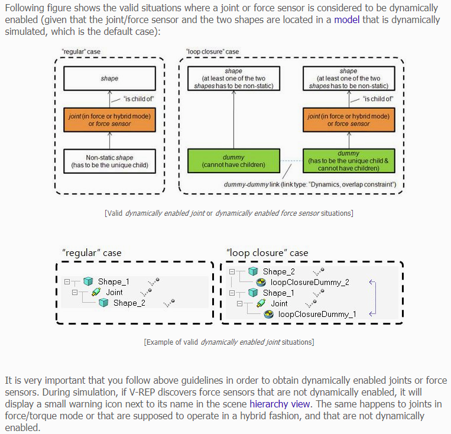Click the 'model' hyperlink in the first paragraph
[x=346, y=20]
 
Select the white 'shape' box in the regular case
[x=109, y=78]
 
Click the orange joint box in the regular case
[x=109, y=120]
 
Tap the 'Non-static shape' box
[x=109, y=161]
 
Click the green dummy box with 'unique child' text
[x=348, y=161]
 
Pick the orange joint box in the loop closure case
[x=348, y=120]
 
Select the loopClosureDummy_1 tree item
[x=317, y=314]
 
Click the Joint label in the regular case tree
[x=114, y=292]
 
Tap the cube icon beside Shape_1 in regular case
[x=88, y=281]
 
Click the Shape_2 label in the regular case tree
[x=129, y=303]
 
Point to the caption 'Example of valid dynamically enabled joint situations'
[x=229, y=342]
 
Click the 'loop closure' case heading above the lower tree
[x=267, y=252]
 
